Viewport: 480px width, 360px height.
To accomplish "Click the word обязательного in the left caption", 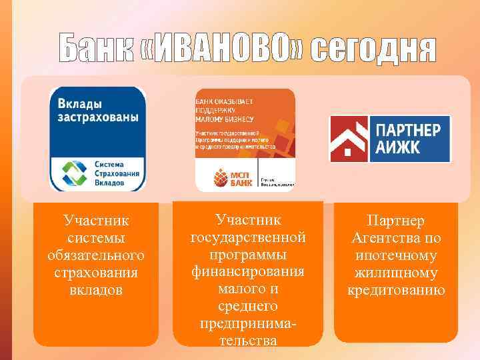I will point(96,256).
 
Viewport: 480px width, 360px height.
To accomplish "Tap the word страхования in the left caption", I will point(96,273).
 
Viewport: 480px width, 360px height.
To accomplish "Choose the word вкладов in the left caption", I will point(96,291).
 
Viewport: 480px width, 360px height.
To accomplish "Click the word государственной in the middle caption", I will point(248,237).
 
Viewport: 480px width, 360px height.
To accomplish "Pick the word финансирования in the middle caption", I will point(248,272).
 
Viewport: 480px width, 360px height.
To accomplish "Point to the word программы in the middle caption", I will point(248,255).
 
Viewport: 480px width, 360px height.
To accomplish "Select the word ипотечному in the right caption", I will point(396,256).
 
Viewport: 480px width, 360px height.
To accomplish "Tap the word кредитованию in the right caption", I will point(396,291).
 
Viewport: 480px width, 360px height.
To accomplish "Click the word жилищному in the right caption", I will point(396,273).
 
